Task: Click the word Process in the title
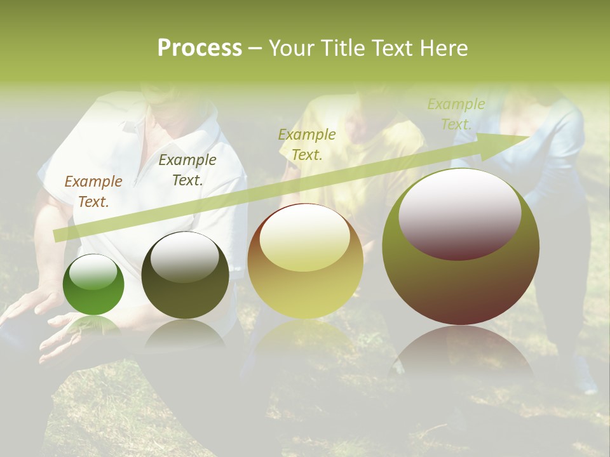pyautogui.click(x=200, y=48)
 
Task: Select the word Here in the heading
pyautogui.click(x=444, y=48)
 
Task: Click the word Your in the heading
pyautogui.click(x=291, y=48)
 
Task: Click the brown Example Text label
pyautogui.click(x=93, y=192)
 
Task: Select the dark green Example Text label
pyautogui.click(x=187, y=170)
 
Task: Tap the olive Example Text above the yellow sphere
pyautogui.click(x=307, y=144)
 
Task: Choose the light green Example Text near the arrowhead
pyautogui.click(x=456, y=114)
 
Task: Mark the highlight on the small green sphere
pyautogui.click(x=93, y=272)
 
